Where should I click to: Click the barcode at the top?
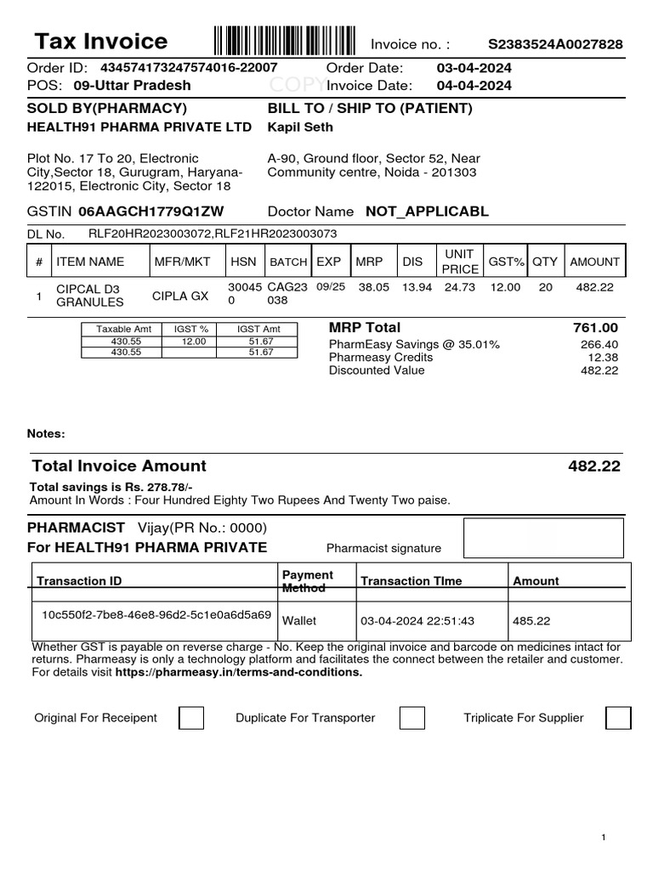[285, 41]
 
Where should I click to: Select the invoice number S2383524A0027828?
[554, 44]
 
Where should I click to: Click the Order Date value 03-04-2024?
[474, 68]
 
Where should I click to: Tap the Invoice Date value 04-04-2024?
[474, 85]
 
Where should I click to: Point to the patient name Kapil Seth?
[300, 127]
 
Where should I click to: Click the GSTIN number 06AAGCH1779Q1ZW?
[151, 212]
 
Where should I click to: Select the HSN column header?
[243, 262]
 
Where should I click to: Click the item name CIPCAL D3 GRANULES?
[89, 295]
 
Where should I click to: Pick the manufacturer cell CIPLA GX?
[180, 296]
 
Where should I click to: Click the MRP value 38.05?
[373, 288]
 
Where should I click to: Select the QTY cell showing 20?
[545, 288]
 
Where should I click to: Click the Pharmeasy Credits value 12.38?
[602, 358]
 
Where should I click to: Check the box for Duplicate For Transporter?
[412, 718]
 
